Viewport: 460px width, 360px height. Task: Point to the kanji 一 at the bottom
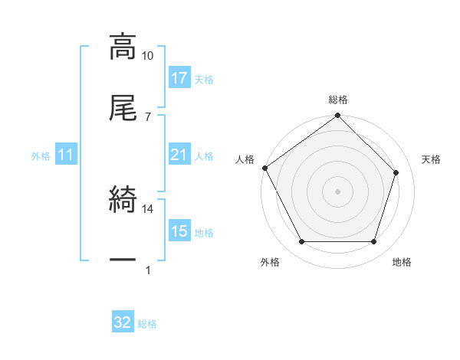click(x=123, y=260)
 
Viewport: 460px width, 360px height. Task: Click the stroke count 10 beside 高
click(x=147, y=56)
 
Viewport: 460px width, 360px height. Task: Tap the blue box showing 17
click(x=179, y=78)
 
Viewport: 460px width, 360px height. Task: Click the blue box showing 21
click(x=179, y=155)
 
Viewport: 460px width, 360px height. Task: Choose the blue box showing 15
click(x=179, y=231)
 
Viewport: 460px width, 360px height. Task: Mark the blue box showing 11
click(x=66, y=155)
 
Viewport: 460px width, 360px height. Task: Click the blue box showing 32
click(x=123, y=322)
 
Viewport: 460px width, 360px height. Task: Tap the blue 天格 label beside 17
click(x=204, y=79)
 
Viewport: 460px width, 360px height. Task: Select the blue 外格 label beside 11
click(x=41, y=156)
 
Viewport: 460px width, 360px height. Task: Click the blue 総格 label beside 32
click(x=147, y=323)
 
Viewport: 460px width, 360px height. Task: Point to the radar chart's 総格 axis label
click(x=338, y=100)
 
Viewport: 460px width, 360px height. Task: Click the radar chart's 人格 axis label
click(x=245, y=159)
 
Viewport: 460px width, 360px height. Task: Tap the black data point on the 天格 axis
click(x=396, y=172)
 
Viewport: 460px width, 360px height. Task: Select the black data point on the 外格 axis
click(x=302, y=242)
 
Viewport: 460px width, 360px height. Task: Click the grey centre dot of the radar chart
click(x=338, y=191)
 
